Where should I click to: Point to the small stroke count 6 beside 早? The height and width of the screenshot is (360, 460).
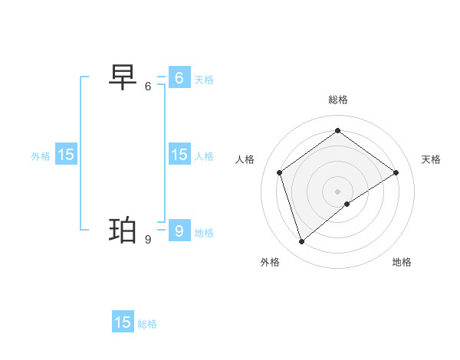pyautogui.click(x=148, y=87)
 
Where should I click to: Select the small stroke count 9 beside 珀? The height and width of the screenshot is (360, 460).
pyautogui.click(x=148, y=240)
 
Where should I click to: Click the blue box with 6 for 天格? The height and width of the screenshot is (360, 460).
pyautogui.click(x=179, y=77)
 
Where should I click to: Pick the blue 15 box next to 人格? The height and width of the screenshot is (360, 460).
pyautogui.click(x=179, y=155)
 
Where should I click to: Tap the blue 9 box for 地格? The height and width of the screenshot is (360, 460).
pyautogui.click(x=179, y=231)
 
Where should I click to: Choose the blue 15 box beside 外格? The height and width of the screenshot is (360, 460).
pyautogui.click(x=66, y=155)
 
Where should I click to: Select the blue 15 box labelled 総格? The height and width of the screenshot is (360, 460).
pyautogui.click(x=123, y=322)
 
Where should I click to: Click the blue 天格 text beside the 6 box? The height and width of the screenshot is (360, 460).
pyautogui.click(x=204, y=79)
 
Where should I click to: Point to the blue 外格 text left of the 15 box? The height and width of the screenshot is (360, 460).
pyautogui.click(x=41, y=156)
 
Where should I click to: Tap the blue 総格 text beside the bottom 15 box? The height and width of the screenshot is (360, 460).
pyautogui.click(x=147, y=324)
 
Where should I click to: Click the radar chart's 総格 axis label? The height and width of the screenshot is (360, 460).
pyautogui.click(x=338, y=100)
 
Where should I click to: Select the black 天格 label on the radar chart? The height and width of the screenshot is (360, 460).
pyautogui.click(x=431, y=159)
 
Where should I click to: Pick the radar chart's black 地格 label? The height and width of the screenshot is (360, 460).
pyautogui.click(x=402, y=262)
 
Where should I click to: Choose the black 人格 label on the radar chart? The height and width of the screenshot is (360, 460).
pyautogui.click(x=245, y=159)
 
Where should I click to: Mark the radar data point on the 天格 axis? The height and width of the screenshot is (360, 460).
pyautogui.click(x=396, y=172)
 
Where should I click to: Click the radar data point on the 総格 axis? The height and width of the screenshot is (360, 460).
pyautogui.click(x=337, y=130)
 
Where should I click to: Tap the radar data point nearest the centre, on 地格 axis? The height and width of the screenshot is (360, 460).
pyautogui.click(x=347, y=204)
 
